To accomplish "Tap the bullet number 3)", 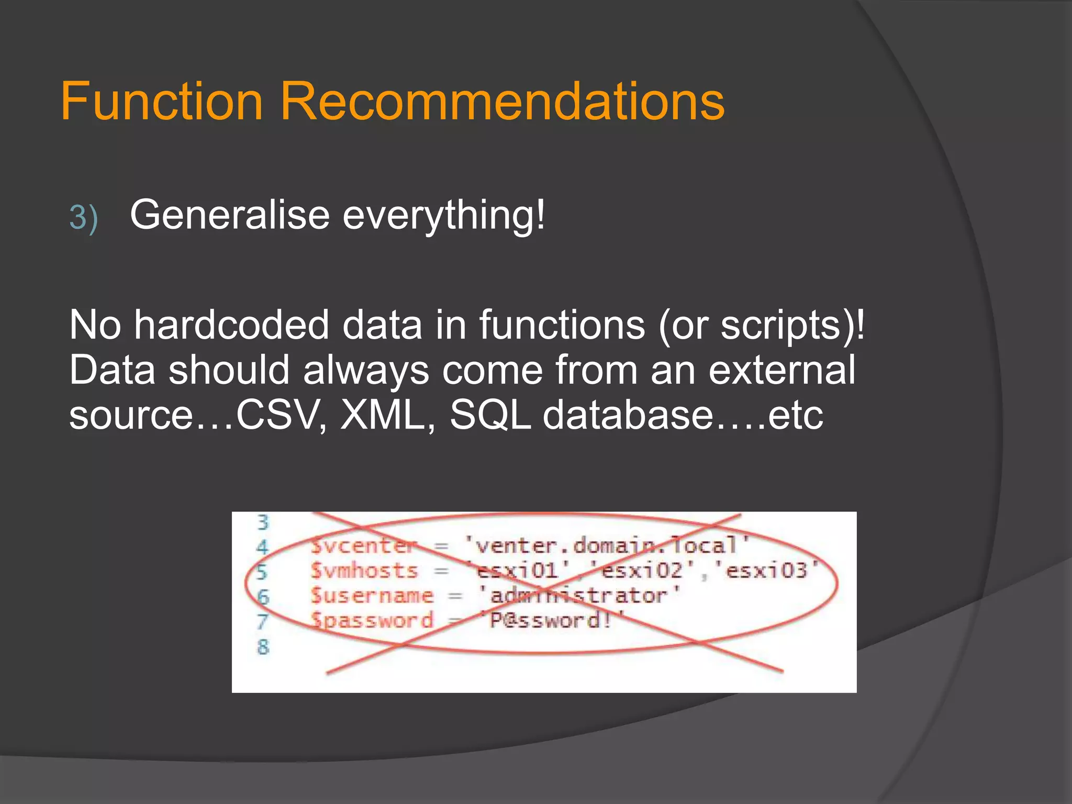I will (84, 217).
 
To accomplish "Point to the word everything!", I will (444, 216).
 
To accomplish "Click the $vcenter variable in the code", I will (363, 546).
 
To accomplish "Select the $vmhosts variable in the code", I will (364, 571).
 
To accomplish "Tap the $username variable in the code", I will (372, 596).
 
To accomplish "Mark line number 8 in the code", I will (263, 646).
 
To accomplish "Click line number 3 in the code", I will (263, 522).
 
